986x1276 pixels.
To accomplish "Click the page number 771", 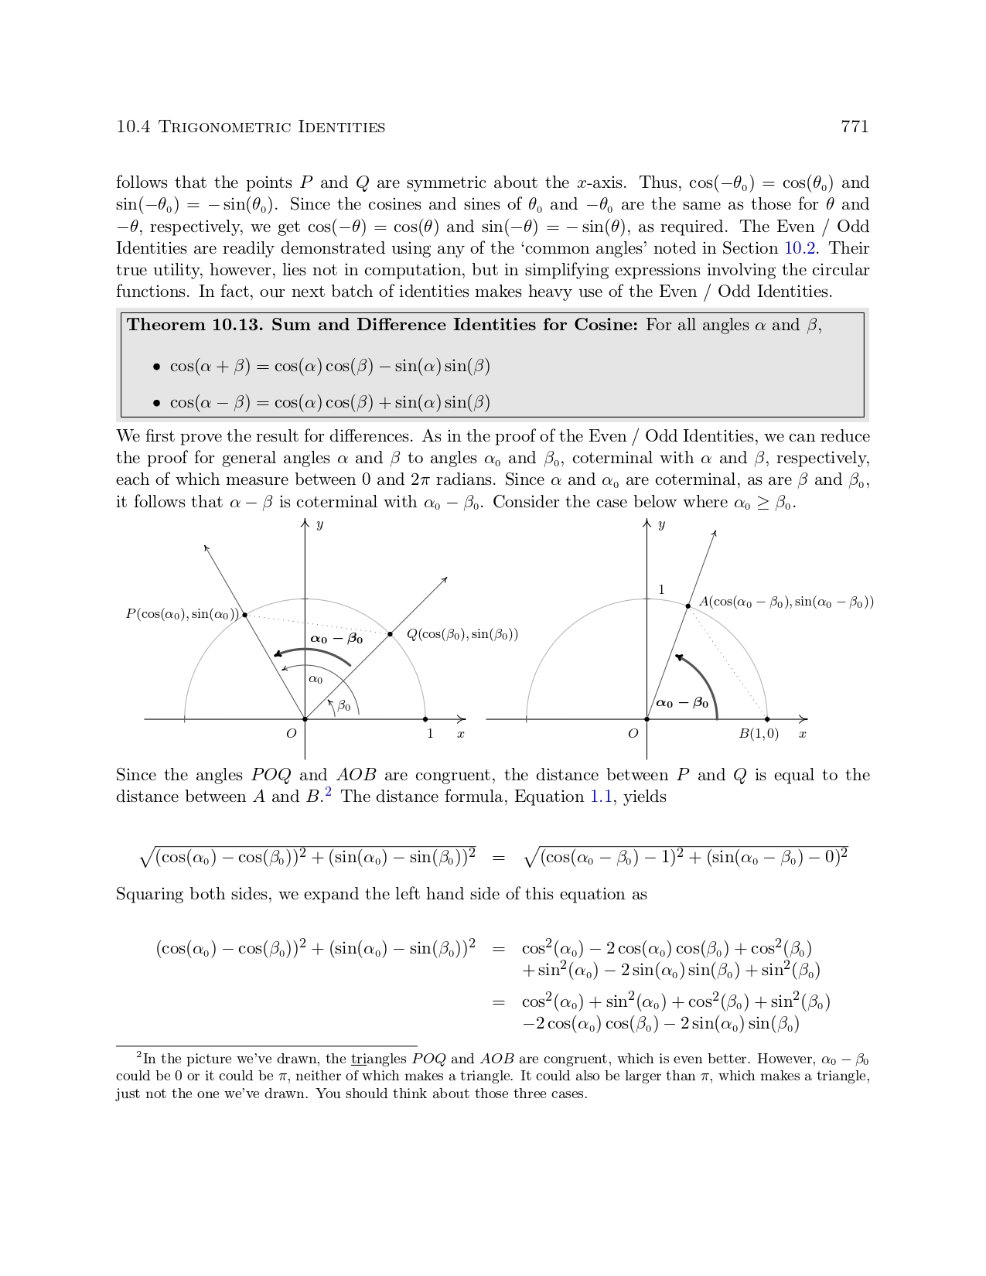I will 855,127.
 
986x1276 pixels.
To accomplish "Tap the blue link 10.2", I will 800,248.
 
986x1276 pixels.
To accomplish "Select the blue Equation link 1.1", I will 601,797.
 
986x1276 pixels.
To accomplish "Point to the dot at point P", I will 245,615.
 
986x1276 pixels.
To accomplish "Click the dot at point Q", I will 391,634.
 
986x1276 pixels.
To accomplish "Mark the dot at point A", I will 688,606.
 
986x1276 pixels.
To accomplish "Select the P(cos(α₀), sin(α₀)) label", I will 183,614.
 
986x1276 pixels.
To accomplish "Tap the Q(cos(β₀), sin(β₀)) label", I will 462,634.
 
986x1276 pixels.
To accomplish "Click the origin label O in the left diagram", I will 292,734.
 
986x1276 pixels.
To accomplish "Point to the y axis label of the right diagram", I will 661,525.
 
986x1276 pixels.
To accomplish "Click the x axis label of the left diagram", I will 461,734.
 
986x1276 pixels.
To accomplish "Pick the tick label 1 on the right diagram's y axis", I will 661,590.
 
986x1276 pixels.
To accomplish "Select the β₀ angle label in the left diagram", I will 344,706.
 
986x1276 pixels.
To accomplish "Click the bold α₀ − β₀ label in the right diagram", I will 682,703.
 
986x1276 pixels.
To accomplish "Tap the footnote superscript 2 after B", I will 328,792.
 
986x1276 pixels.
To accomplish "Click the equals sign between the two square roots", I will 499,857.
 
